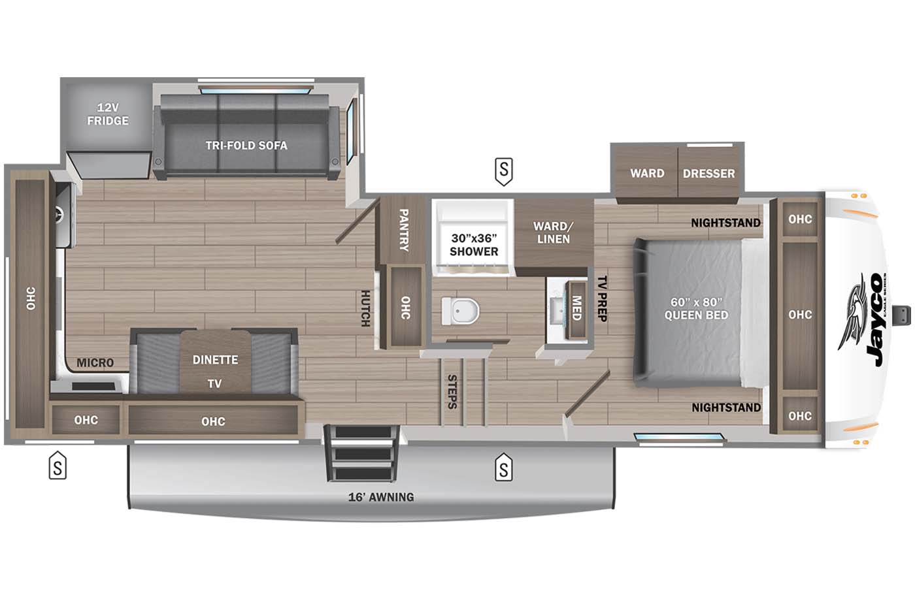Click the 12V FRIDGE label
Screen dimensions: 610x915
[x=108, y=114]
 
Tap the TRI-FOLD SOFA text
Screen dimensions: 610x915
[x=246, y=145]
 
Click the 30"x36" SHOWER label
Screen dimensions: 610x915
[x=474, y=245]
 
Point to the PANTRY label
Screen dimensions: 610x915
[x=403, y=230]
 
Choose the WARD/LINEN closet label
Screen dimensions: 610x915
[x=553, y=233]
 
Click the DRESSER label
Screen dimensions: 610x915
[x=708, y=173]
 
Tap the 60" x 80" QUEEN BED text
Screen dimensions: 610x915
[x=696, y=308]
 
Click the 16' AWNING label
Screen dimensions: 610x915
[x=381, y=497]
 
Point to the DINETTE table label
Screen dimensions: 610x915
[x=215, y=359]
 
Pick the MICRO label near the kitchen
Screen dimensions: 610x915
[x=95, y=362]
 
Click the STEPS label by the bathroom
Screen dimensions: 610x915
[x=452, y=391]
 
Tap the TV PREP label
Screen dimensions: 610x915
[x=603, y=298]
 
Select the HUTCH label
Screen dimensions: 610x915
[x=365, y=308]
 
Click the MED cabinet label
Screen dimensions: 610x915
[x=576, y=308]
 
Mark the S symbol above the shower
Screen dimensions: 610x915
[x=503, y=170]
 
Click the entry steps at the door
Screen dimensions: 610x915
[x=363, y=453]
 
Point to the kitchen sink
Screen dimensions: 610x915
[x=63, y=215]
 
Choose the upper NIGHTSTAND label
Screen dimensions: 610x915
[x=725, y=223]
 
